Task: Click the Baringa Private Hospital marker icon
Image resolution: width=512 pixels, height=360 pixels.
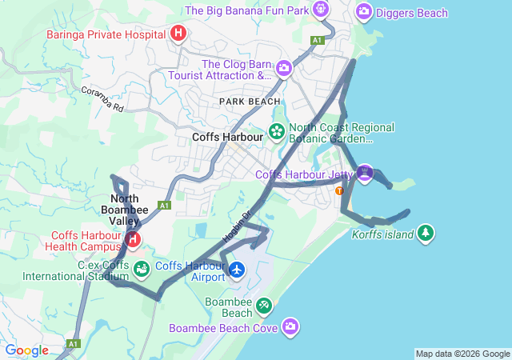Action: [178, 34]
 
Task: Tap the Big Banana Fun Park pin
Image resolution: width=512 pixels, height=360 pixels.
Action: [321, 10]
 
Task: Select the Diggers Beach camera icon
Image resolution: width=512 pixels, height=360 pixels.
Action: [364, 11]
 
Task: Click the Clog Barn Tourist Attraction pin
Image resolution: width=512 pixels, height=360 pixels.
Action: [283, 70]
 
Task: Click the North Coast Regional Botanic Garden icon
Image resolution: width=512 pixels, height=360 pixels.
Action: [277, 131]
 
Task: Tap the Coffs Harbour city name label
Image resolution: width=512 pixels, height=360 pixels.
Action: [228, 137]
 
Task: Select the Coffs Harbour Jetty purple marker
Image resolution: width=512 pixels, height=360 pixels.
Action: [365, 173]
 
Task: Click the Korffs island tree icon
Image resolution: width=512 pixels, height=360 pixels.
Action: [427, 233]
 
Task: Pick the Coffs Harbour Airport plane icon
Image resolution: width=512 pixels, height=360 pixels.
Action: [237, 270]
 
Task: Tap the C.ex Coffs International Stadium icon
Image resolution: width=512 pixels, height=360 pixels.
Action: [142, 268]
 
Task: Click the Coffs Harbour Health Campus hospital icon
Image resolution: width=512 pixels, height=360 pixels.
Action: [133, 238]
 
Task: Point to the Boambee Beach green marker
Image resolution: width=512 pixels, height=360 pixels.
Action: [263, 306]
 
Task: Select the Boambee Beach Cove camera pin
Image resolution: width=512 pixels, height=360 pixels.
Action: [290, 326]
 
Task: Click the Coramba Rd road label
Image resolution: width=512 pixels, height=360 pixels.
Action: [102, 99]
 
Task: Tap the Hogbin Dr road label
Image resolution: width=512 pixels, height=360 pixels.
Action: [237, 226]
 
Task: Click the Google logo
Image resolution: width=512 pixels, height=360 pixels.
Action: [26, 350]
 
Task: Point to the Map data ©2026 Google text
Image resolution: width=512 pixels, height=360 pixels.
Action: [462, 354]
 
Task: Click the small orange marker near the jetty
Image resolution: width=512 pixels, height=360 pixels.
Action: [340, 190]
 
